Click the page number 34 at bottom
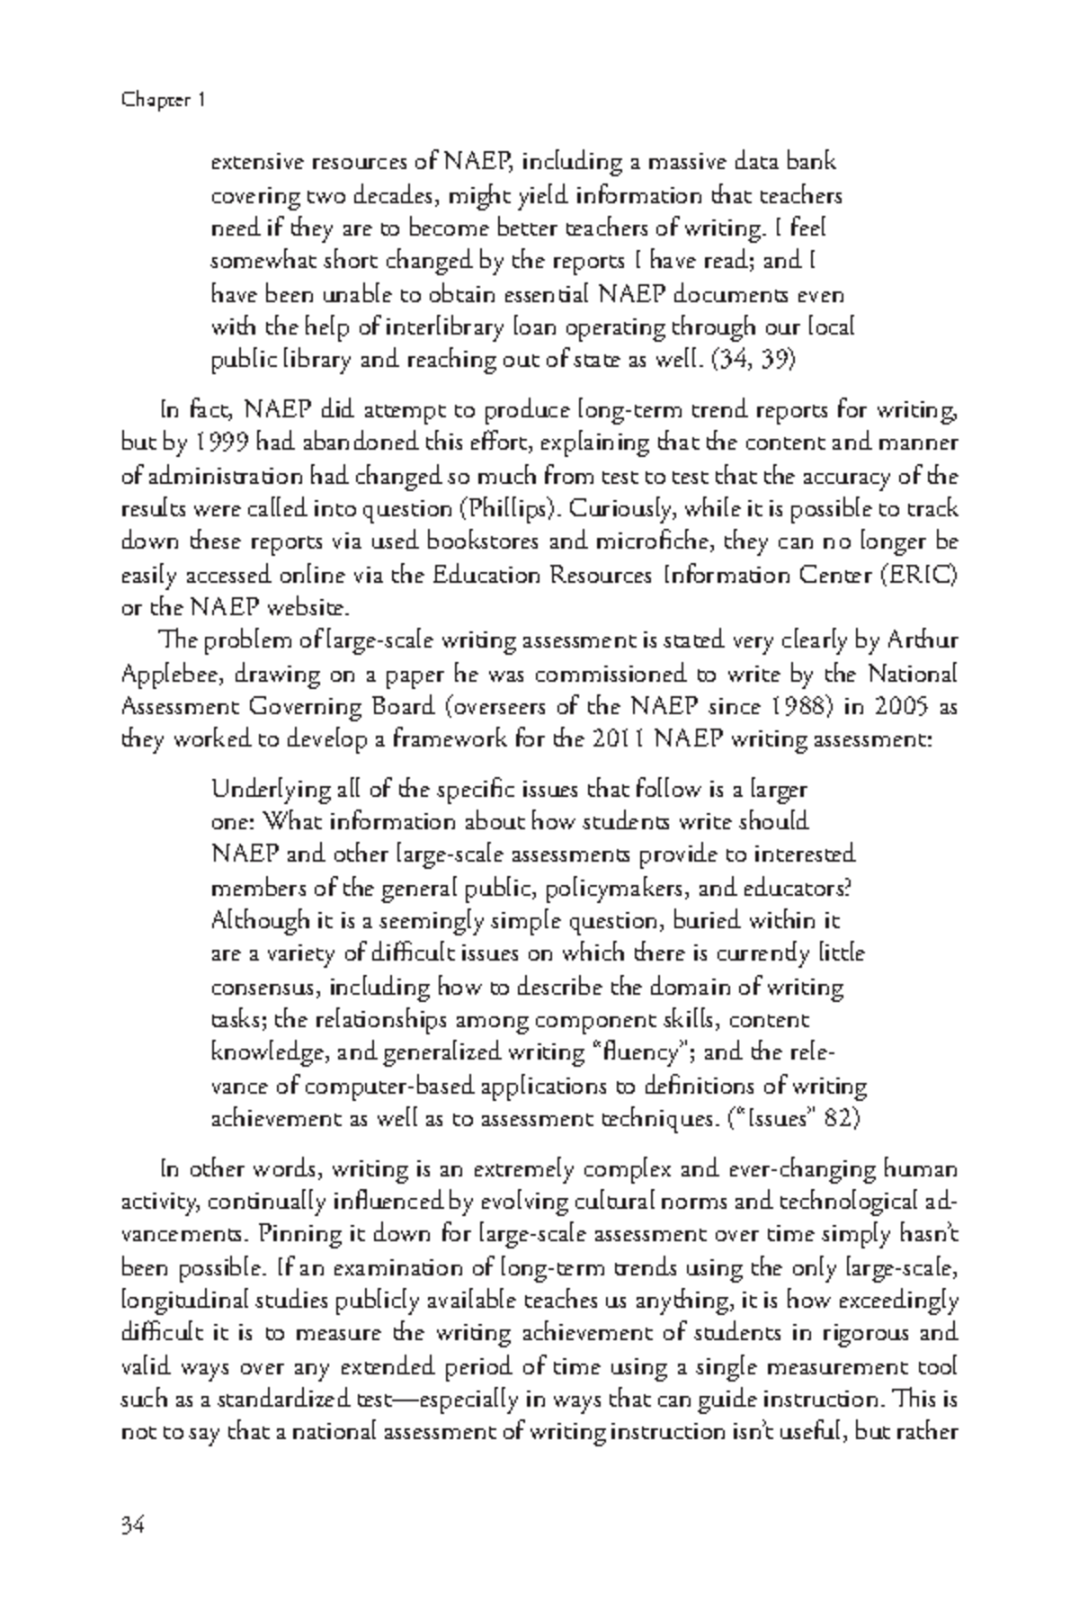132,1525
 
